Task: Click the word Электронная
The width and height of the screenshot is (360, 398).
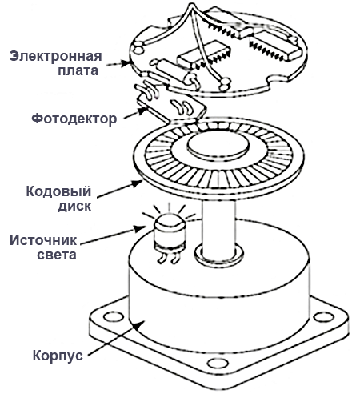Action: point(55,55)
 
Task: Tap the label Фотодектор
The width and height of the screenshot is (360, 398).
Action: point(74,118)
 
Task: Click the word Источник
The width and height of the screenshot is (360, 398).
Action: point(45,240)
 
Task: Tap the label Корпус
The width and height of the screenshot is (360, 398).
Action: point(57,355)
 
